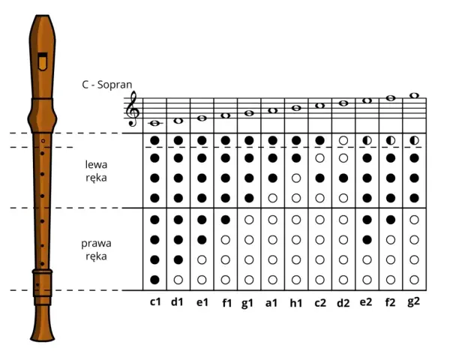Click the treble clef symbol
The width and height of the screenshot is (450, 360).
pos(133,109)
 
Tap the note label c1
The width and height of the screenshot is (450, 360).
pos(155,302)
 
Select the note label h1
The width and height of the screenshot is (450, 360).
pos(296,303)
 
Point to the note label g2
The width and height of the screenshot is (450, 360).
pos(413,301)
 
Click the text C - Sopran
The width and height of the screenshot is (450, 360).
pos(107,85)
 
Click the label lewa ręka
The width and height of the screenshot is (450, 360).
pos(96,171)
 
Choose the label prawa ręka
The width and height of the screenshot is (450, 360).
pos(96,250)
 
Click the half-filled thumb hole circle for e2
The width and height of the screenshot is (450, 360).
pos(367,140)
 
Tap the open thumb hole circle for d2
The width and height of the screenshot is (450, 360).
pos(343,140)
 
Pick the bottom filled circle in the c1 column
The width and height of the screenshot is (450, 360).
pos(154,280)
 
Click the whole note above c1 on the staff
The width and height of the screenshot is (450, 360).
pos(155,123)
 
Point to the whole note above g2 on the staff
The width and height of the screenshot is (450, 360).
pos(414,95)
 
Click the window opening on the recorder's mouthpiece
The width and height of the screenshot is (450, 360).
pos(43,61)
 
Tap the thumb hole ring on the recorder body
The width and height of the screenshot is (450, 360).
pos(43,141)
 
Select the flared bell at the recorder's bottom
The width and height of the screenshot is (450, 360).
pos(43,323)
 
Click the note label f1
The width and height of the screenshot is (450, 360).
pos(226,303)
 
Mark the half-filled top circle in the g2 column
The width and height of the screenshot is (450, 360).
pos(414,140)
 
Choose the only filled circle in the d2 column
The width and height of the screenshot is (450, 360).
pos(343,178)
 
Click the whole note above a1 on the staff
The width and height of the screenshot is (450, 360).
pos(273,110)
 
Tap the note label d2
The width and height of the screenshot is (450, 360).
pos(343,303)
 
